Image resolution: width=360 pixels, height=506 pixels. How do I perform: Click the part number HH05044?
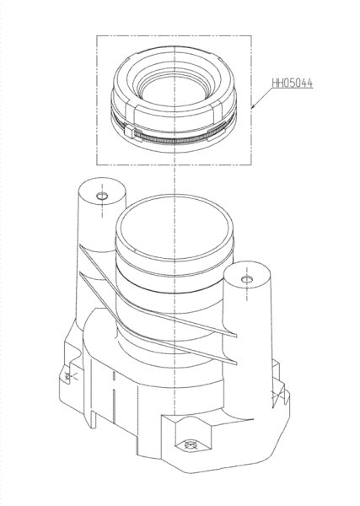click(293, 83)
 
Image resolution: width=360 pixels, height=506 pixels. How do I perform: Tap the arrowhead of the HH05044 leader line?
click(254, 105)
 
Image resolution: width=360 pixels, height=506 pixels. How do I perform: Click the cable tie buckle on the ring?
click(129, 132)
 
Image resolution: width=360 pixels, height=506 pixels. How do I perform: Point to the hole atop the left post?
click(103, 196)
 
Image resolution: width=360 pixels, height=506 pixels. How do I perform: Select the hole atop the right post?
click(247, 279)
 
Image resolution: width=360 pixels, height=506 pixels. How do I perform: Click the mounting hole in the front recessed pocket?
click(190, 445)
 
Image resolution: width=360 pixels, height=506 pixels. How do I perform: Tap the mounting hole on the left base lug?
click(67, 375)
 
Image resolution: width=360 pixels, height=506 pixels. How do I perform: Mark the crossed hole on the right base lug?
click(277, 395)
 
